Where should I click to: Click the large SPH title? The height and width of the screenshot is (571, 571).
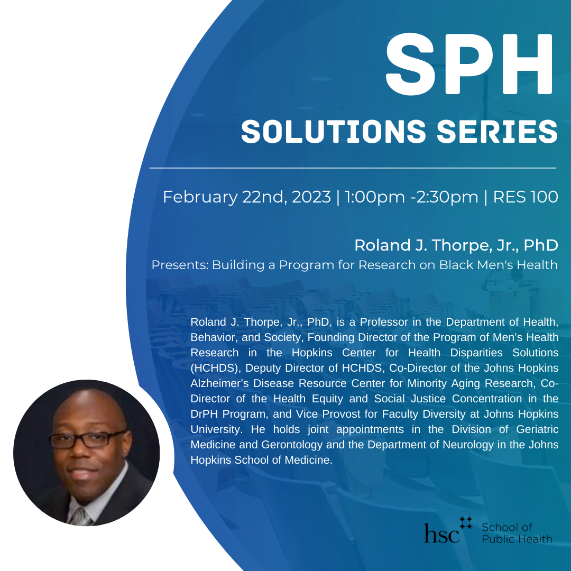469,64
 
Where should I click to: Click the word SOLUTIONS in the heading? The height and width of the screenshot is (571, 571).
334,131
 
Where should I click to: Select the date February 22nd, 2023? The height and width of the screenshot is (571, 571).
247,197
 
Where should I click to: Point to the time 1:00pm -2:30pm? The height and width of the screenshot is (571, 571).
411,197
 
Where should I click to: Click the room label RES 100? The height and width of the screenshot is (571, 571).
526,197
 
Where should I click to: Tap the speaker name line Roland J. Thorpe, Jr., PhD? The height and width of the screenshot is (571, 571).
456,245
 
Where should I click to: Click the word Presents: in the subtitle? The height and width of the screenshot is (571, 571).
180,265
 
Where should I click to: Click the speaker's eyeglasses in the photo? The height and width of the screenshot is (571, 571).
87,439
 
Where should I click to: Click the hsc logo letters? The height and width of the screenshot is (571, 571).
441,533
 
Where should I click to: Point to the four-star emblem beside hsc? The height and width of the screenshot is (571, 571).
466,523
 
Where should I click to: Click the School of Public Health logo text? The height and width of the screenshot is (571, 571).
517,533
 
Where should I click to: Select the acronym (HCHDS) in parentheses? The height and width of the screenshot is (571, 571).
215,368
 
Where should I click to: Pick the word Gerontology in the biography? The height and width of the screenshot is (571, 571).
292,445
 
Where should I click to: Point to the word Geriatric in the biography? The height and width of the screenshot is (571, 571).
537,429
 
